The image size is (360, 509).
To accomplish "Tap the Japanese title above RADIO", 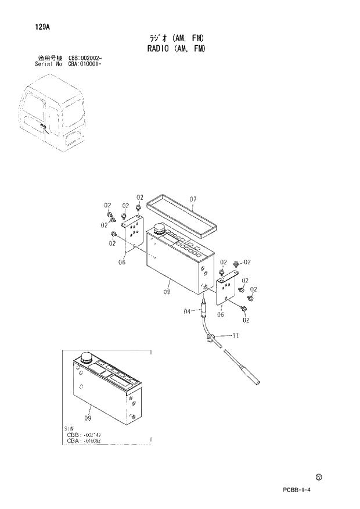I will (176, 38).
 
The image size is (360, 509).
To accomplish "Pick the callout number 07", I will (193, 200).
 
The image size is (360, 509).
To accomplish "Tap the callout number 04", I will (187, 311).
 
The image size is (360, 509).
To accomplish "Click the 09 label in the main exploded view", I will (166, 292).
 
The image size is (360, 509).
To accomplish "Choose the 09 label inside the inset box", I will (88, 417).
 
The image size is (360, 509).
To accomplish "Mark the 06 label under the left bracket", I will (122, 262).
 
